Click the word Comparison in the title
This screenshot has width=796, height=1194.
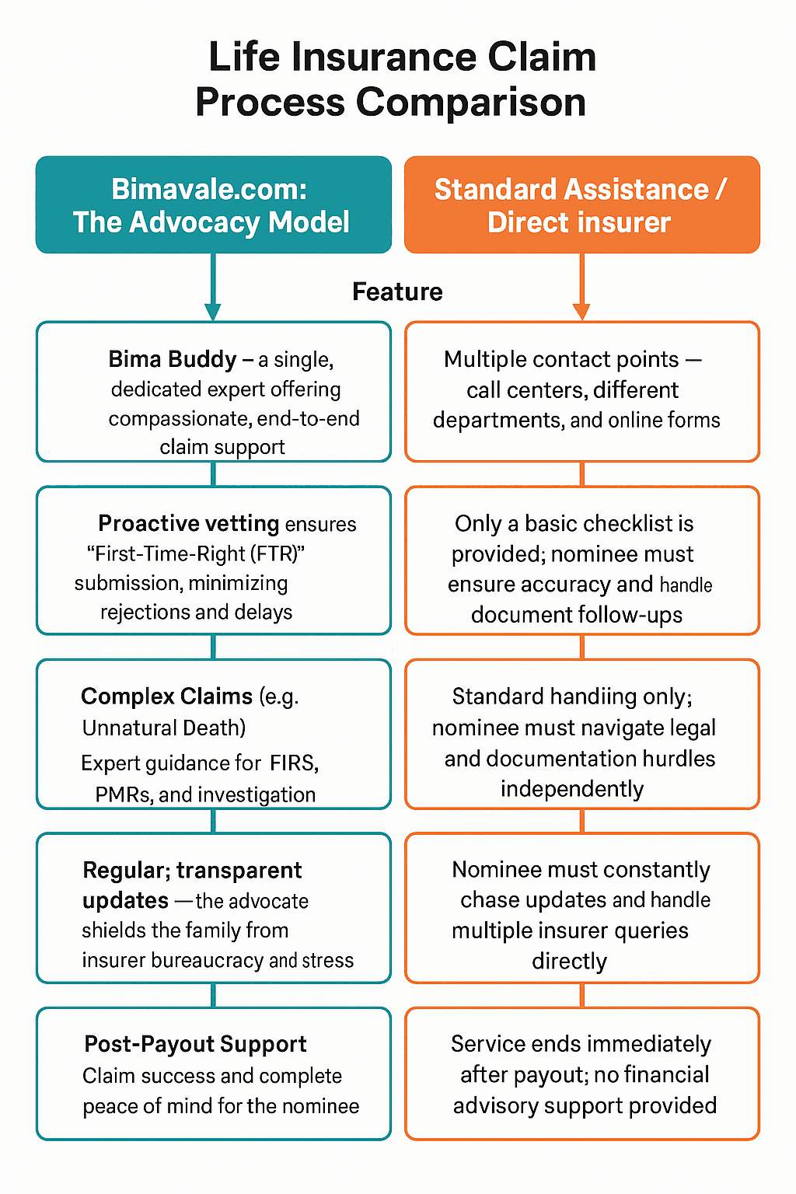(470, 102)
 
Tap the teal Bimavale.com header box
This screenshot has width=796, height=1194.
(213, 204)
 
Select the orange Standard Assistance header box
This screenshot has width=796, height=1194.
(581, 204)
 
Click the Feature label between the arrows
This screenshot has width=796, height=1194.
(397, 292)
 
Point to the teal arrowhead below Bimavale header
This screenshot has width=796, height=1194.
(213, 312)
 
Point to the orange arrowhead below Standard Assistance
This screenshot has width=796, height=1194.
(581, 312)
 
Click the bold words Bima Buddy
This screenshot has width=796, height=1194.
(172, 359)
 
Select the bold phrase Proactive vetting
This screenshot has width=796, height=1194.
(189, 523)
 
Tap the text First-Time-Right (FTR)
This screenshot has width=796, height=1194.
(195, 553)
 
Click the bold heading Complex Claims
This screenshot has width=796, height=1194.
(166, 696)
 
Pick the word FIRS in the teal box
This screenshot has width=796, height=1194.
(294, 763)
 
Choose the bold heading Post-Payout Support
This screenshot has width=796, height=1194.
(195, 1044)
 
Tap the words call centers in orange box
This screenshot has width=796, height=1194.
(511, 389)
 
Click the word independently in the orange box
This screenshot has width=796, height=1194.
(572, 789)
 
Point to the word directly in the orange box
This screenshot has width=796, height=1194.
(569, 962)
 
